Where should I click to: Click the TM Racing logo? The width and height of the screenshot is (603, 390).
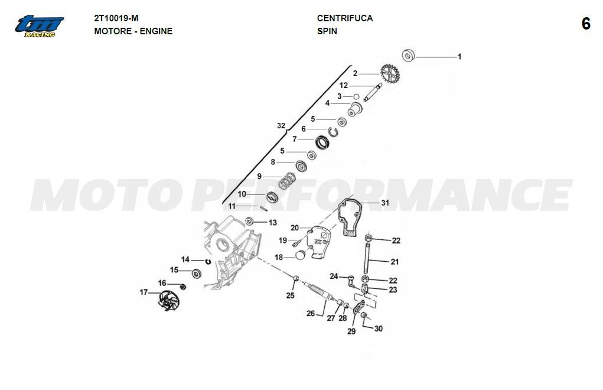click(39, 27)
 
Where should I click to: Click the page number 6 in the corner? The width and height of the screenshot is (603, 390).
click(586, 24)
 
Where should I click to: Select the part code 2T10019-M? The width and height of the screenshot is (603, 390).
click(116, 18)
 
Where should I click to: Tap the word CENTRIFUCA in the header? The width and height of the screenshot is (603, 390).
click(344, 18)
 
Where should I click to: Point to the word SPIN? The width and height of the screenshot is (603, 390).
click(327, 31)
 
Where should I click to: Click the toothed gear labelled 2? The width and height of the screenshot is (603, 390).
click(390, 73)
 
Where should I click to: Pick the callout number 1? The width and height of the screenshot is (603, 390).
click(459, 57)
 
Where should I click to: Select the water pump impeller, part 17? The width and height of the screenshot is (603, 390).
click(168, 300)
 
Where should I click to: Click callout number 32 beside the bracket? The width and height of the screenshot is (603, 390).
click(281, 126)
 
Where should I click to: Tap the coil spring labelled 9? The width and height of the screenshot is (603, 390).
click(287, 181)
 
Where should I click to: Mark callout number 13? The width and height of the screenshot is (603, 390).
click(273, 223)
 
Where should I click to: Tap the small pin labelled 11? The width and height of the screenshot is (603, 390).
click(263, 209)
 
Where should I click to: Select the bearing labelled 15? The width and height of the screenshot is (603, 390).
click(197, 274)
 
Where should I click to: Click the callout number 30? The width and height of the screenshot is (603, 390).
click(379, 329)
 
